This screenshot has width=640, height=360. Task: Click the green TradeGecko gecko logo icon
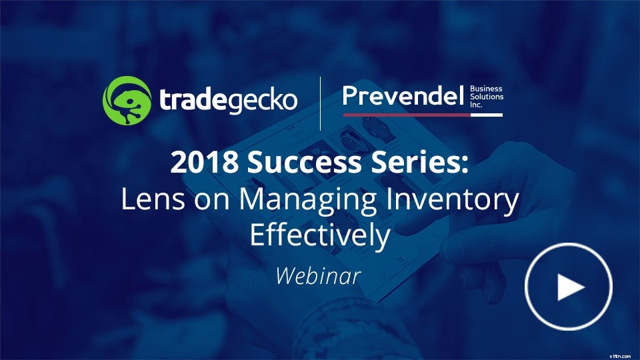point(126,100)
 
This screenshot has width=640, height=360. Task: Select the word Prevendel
point(402,97)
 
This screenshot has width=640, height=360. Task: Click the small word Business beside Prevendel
point(487,88)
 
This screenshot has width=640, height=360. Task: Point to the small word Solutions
point(487,97)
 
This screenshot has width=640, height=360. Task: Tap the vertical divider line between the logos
point(321,103)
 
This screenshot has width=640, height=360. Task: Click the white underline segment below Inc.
point(487,115)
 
